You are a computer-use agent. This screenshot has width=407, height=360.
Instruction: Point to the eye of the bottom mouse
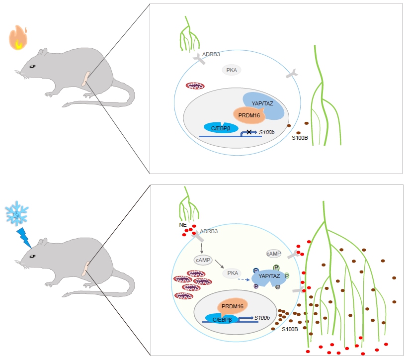click(x=32, y=256)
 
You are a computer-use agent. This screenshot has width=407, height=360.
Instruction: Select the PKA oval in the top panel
click(x=231, y=71)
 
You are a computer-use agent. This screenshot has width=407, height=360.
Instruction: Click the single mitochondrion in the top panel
click(x=195, y=86)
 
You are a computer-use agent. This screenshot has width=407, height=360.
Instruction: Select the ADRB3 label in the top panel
click(x=211, y=54)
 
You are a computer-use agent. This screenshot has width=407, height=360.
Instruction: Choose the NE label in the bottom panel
click(x=183, y=225)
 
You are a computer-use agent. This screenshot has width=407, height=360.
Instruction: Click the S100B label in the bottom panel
click(x=290, y=329)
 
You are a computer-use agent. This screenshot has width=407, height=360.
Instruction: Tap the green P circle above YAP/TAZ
click(x=276, y=267)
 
